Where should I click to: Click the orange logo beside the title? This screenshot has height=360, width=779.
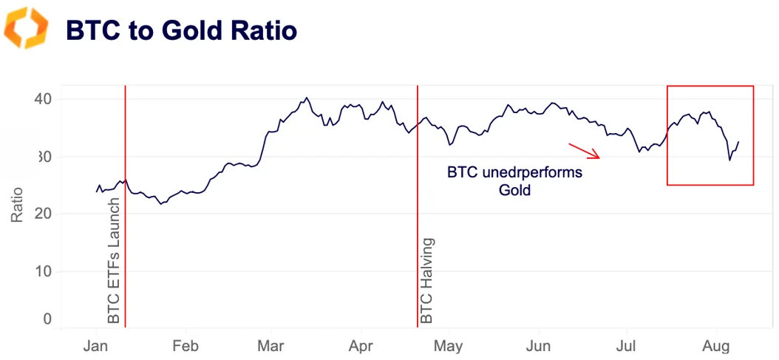click(26, 29)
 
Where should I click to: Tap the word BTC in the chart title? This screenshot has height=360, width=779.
click(90, 30)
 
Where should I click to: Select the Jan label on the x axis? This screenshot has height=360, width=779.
click(96, 346)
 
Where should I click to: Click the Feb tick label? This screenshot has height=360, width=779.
click(185, 346)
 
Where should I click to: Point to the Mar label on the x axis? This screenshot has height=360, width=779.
click(271, 346)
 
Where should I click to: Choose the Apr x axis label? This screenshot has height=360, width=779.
click(361, 346)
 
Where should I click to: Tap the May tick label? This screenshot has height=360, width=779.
click(448, 346)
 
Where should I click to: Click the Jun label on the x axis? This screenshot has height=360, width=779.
click(538, 346)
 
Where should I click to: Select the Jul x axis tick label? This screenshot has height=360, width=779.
click(626, 346)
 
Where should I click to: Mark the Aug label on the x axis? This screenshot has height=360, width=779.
click(715, 346)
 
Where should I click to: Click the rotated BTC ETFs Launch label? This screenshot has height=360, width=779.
click(114, 260)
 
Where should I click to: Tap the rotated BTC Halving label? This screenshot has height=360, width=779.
click(427, 280)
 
